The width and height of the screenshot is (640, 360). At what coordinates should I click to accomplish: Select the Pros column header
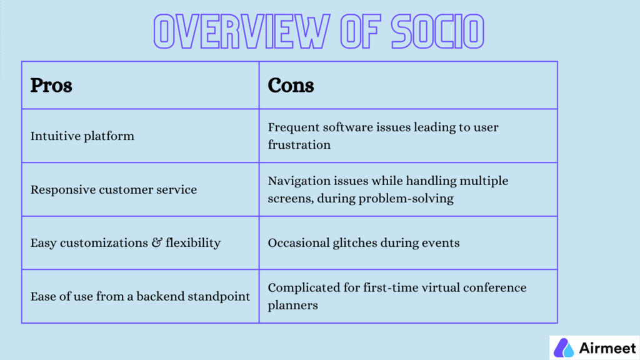click(51, 85)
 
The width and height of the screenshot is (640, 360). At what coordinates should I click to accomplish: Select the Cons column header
click(291, 85)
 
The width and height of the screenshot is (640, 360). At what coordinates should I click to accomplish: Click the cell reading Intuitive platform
click(82, 136)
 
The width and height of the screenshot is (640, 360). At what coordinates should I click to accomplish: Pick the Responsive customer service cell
click(113, 189)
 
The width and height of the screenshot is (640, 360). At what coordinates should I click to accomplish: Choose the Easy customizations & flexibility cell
click(125, 242)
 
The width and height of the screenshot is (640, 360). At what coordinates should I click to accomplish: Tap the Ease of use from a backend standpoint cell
click(140, 296)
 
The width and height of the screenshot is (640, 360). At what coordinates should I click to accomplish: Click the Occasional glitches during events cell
click(363, 242)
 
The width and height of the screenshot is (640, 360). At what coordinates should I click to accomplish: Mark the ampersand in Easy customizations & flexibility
click(156, 242)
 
